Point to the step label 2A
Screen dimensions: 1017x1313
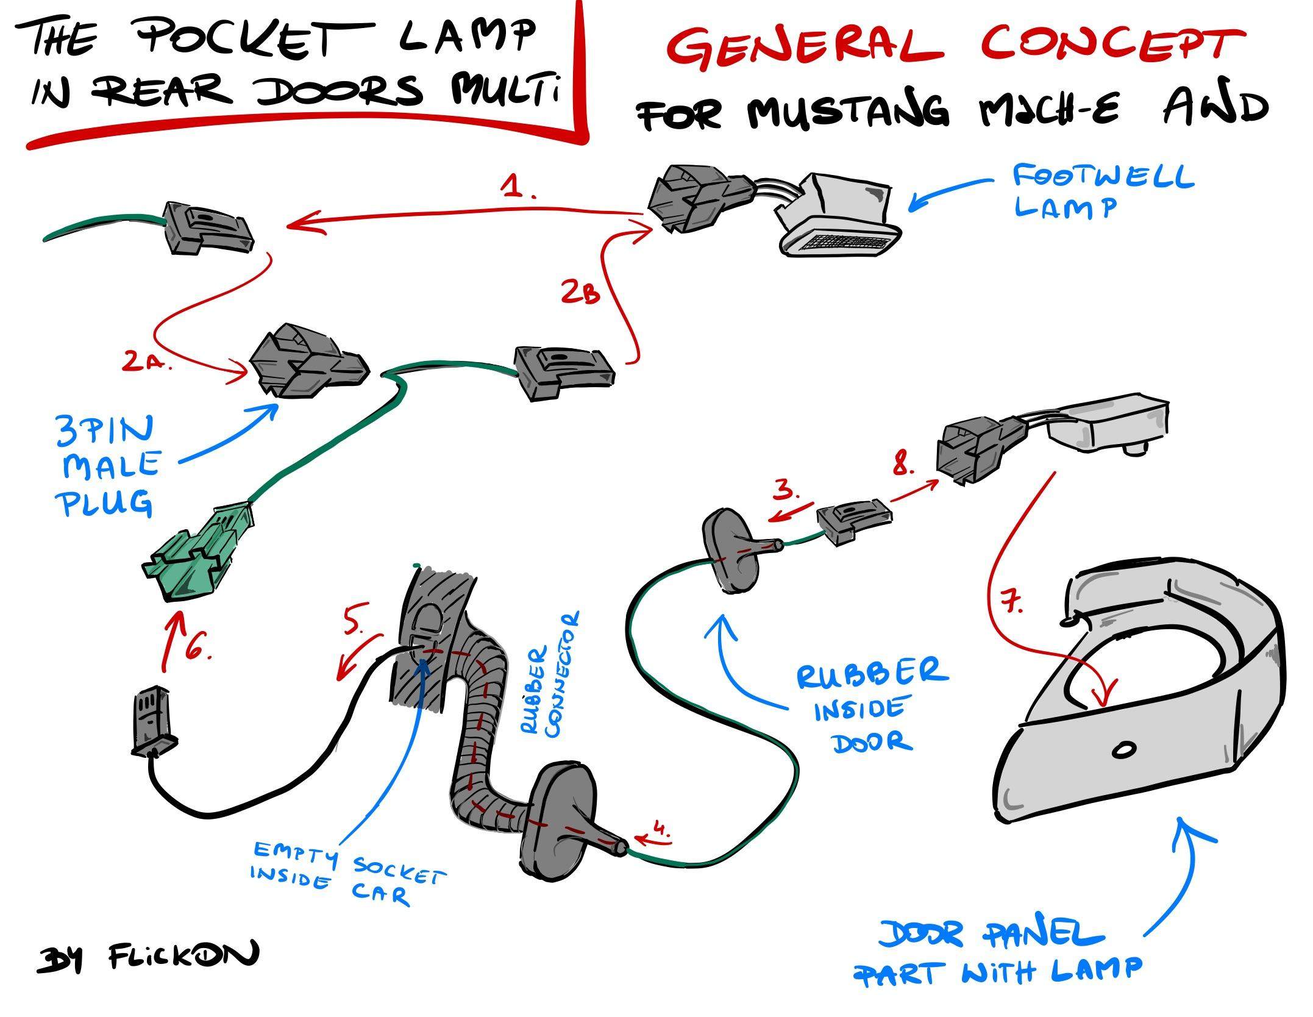point(146,362)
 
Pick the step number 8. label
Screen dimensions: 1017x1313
point(904,466)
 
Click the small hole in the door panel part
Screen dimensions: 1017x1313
point(1123,750)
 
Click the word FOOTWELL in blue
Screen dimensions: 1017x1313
point(1103,177)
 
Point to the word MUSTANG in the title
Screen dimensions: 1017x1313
point(848,111)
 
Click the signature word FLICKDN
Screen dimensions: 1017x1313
point(183,956)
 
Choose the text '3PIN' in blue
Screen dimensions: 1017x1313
point(105,430)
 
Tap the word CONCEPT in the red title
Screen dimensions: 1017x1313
point(1112,43)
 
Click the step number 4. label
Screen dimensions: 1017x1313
point(661,829)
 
